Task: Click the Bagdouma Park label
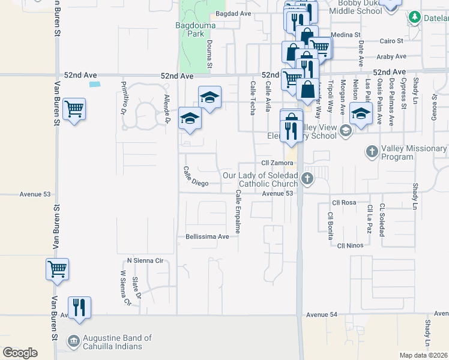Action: point(190,29)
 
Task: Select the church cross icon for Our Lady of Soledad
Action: point(307,178)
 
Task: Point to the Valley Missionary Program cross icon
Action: point(372,152)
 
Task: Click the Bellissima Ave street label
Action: point(208,236)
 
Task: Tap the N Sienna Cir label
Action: point(145,260)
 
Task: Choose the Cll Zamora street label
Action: point(276,163)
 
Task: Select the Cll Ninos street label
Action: point(351,245)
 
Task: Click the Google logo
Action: point(20,353)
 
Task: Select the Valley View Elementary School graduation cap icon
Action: point(346,130)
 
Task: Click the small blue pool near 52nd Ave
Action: point(94,84)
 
